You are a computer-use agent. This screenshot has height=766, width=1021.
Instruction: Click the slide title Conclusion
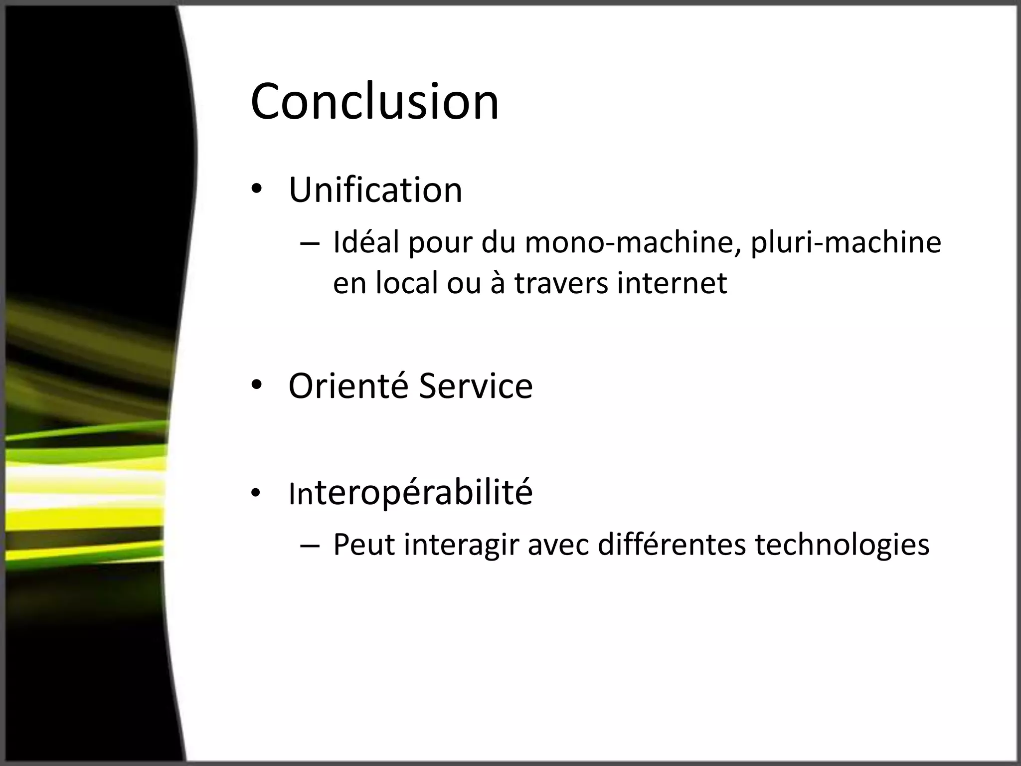point(374,102)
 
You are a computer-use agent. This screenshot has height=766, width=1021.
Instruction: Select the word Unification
point(375,190)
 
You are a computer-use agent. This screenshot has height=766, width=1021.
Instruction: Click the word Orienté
point(348,386)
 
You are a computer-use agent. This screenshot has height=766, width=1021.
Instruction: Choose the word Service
point(476,386)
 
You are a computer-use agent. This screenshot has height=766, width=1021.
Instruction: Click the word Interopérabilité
point(410,493)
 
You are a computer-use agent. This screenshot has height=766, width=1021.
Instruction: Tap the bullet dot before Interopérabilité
point(256,493)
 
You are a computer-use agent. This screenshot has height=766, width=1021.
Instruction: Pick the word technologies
point(842,545)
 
